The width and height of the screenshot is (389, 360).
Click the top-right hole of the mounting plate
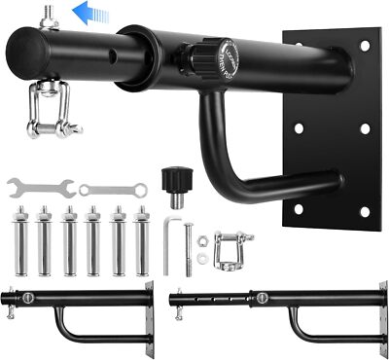tap(365, 44)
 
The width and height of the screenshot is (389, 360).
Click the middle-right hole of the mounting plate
tap(365, 127)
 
